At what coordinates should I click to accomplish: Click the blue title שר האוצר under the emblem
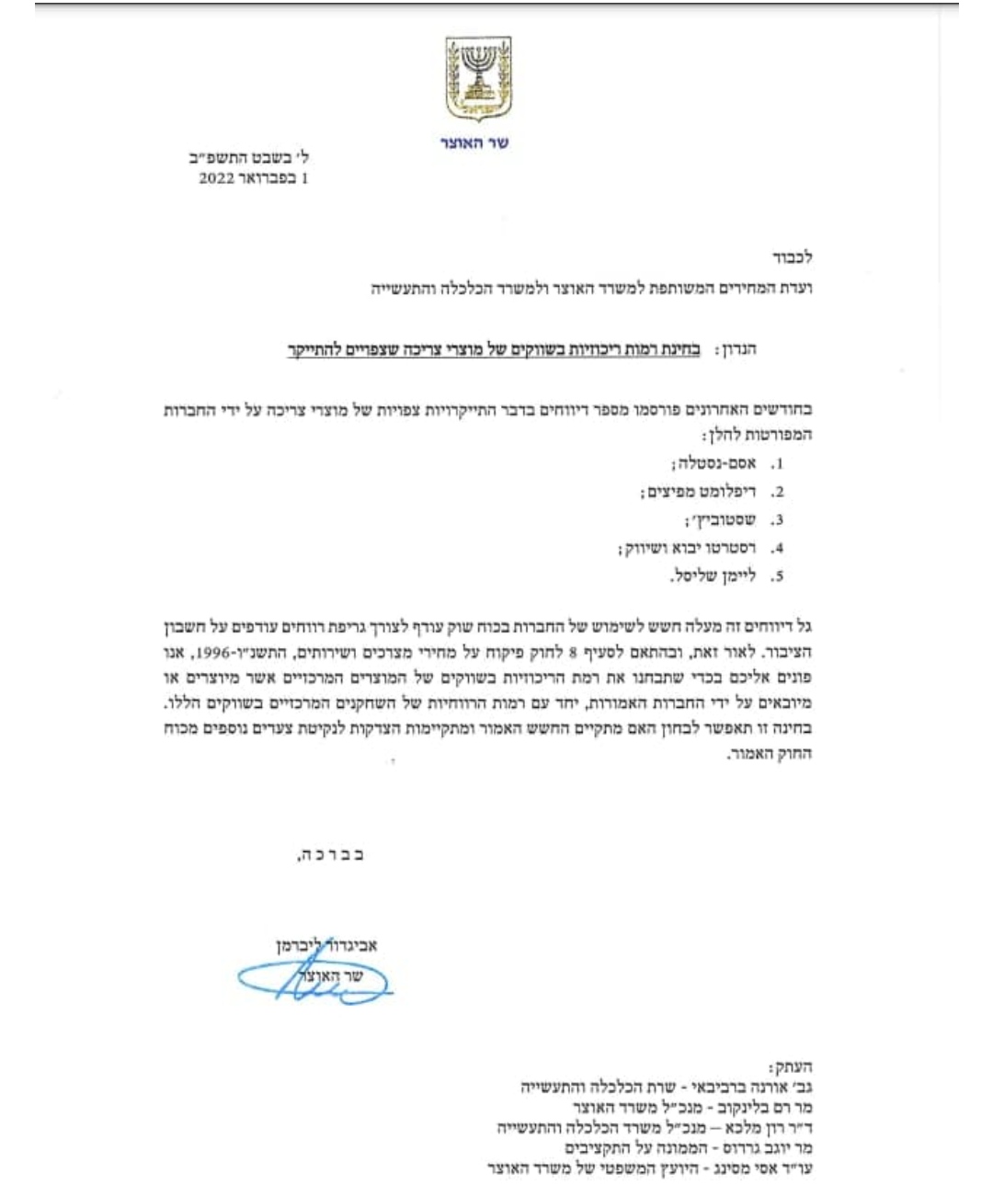click(x=474, y=143)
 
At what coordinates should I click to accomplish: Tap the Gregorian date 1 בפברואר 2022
click(x=254, y=179)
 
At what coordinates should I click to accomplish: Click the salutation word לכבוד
click(x=792, y=258)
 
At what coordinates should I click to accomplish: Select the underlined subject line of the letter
click(x=494, y=351)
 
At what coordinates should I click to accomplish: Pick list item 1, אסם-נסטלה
click(x=713, y=464)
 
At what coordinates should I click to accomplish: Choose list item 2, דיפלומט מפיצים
click(x=699, y=493)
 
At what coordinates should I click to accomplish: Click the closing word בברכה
click(x=331, y=855)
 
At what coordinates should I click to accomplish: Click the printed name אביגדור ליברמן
click(x=326, y=944)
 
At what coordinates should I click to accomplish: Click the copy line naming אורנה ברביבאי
click(x=668, y=1088)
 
